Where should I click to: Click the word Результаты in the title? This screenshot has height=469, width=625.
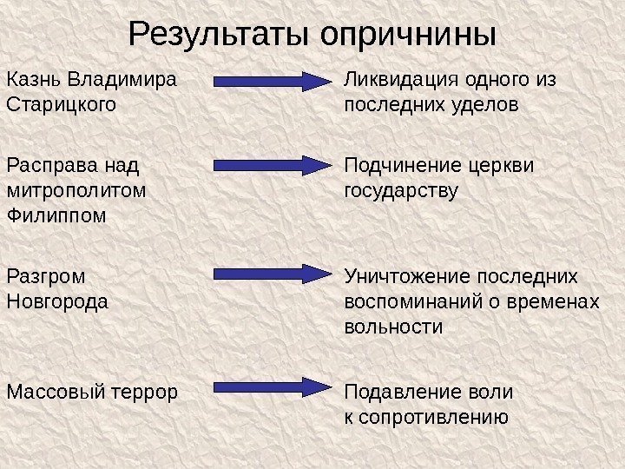click(x=220, y=36)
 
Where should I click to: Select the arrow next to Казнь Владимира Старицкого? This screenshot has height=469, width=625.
click(x=269, y=82)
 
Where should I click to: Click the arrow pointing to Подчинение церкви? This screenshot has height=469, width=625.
click(x=269, y=164)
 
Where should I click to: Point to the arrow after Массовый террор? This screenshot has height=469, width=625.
click(x=269, y=386)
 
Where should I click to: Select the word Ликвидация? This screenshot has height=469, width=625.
click(x=401, y=81)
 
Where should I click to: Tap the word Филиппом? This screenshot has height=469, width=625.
click(x=56, y=215)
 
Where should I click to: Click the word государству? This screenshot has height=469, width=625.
click(x=401, y=189)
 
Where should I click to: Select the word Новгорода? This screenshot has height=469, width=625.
click(x=56, y=301)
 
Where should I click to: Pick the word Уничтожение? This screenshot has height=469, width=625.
click(x=405, y=276)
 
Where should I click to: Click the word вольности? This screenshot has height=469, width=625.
click(x=393, y=327)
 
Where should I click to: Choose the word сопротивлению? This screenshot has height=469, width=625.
click(x=432, y=417)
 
